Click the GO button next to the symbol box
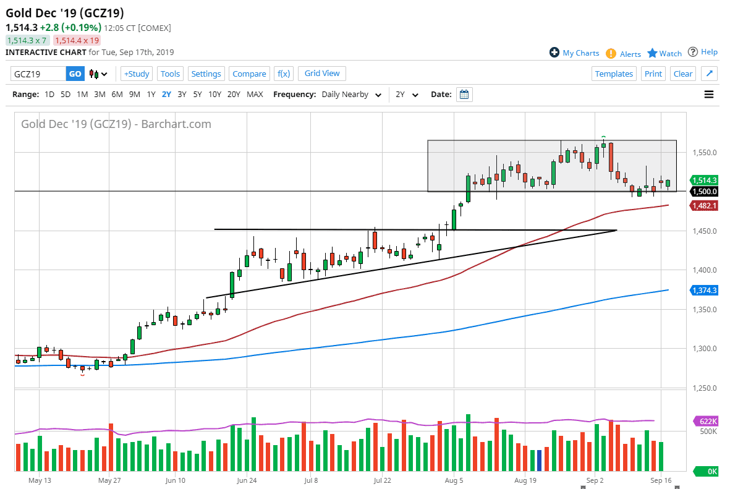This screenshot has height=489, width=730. (75, 74)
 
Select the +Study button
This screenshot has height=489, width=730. (136, 74)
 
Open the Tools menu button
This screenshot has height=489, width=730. (170, 74)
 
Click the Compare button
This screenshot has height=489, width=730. (249, 74)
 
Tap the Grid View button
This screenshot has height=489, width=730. (322, 73)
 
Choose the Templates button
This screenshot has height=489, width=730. (614, 74)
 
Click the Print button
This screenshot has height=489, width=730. (653, 74)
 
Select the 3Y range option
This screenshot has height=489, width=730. (182, 95)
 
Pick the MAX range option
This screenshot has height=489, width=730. (255, 95)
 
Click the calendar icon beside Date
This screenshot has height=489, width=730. (464, 95)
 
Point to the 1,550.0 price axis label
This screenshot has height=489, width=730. (704, 153)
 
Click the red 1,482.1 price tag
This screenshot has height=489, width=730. (704, 205)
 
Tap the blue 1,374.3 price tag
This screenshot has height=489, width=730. (704, 290)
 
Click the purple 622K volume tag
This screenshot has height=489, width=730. (707, 421)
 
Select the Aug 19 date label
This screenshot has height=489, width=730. (524, 480)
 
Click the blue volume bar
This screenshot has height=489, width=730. (539, 461)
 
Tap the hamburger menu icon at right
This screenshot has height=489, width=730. (709, 95)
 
